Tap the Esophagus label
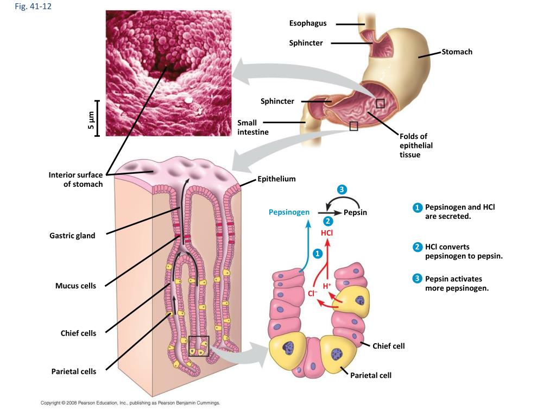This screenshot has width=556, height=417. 307,23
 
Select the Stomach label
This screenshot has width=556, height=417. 457,52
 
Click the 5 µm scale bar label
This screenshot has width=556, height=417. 91,119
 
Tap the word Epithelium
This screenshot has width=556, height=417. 276,179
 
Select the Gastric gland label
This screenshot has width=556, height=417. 72,236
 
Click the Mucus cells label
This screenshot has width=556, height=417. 75,286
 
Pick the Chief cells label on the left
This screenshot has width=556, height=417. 78,333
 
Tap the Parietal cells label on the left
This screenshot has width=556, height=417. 74,371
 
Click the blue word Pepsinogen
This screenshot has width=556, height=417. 289,212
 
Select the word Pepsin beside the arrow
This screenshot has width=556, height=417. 355,212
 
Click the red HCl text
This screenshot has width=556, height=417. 327,232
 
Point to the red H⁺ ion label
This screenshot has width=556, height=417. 327,286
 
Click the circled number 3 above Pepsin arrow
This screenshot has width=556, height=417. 341,189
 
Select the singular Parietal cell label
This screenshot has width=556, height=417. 370,375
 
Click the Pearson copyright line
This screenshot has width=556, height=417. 130,403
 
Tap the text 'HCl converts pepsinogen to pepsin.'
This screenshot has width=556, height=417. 463,251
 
